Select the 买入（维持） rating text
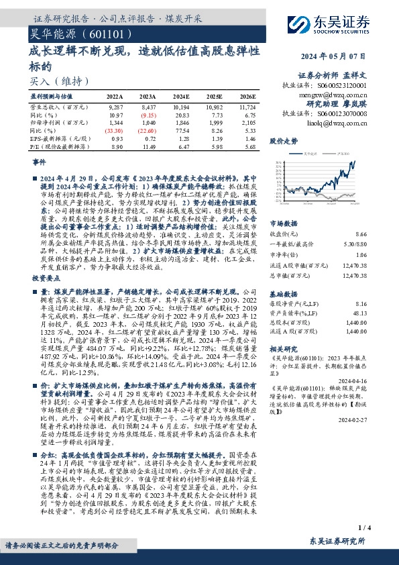point(53,81)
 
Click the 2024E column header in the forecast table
point(181,97)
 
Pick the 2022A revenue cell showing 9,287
point(115,107)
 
